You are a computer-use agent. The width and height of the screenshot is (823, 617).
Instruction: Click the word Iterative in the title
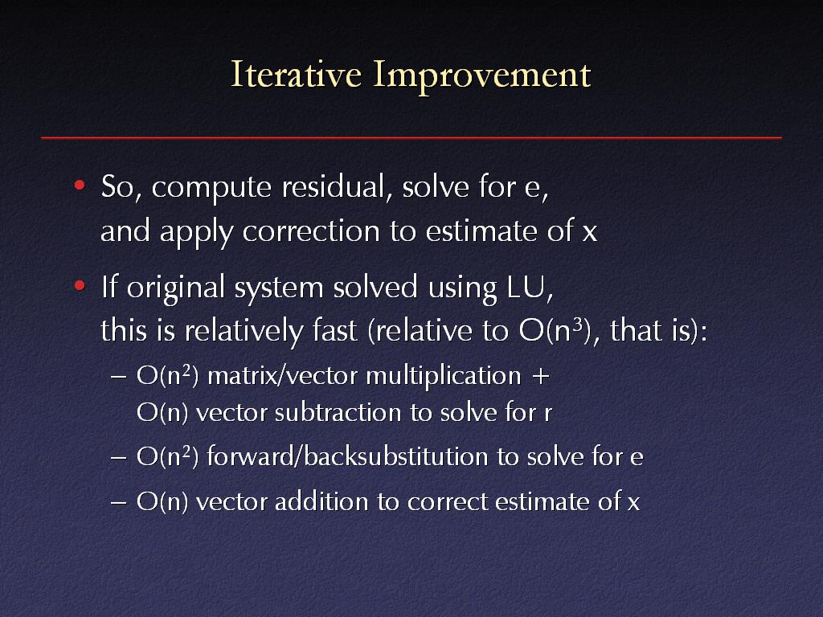coord(297,74)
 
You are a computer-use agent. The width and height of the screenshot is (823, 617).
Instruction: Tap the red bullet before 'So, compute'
coord(80,185)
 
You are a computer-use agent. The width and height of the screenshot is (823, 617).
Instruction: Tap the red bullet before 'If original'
coord(80,286)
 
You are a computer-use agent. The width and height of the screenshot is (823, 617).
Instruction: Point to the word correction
coord(311,231)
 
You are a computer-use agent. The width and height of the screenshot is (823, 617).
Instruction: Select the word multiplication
coord(444,377)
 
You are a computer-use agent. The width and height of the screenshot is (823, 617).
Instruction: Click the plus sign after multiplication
coord(540,377)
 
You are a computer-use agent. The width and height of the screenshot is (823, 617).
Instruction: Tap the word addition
coord(321,501)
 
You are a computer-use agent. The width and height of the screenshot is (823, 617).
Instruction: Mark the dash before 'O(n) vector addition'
coord(119,502)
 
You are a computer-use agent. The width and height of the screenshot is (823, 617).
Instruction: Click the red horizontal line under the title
coord(411,137)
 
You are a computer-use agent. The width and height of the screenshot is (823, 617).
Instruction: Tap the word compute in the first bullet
coord(211,188)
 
